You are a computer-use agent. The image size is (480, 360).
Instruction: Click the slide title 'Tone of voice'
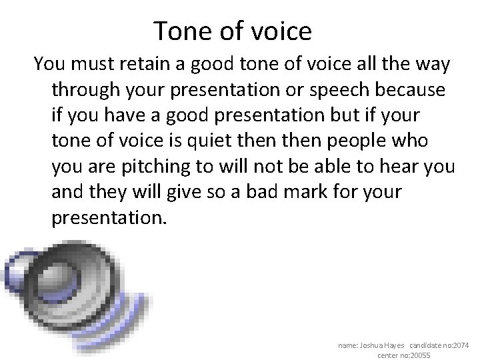(232, 30)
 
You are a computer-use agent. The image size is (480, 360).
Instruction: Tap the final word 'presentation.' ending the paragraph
(107, 217)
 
